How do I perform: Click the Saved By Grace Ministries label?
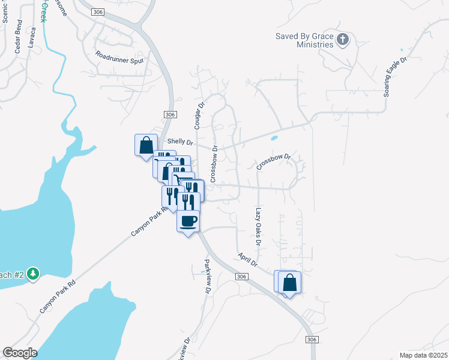coord(304,40)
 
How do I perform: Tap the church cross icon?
coord(343,40)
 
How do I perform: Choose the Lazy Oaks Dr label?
coord(258,227)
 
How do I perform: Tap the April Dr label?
coord(247,260)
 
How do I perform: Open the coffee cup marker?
coord(188,221)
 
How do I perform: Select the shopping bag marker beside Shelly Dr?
coord(146,145)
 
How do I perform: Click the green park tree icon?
coord(33,274)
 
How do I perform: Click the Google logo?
coord(20,353)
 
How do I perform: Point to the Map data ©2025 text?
coord(423,355)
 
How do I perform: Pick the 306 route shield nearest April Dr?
coord(241,277)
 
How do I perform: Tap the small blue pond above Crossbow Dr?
coord(274,138)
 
